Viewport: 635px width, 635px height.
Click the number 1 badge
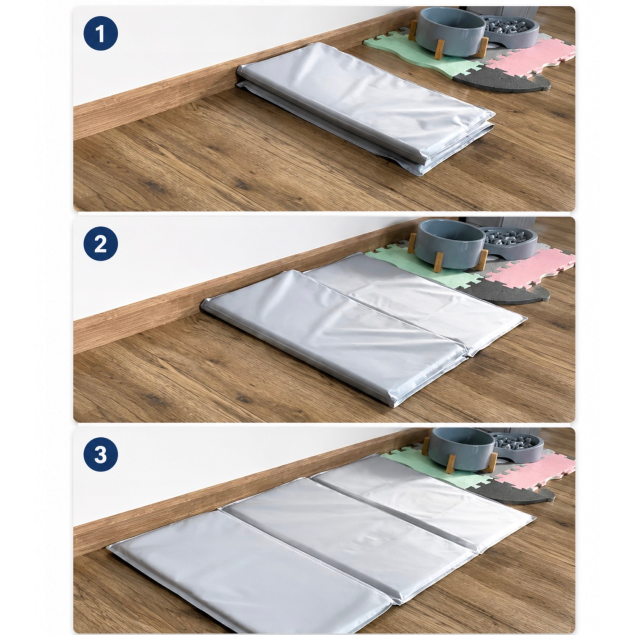(x=100, y=33)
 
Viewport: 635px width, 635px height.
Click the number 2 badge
(x=100, y=244)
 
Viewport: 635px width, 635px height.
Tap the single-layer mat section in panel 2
(x=417, y=302)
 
